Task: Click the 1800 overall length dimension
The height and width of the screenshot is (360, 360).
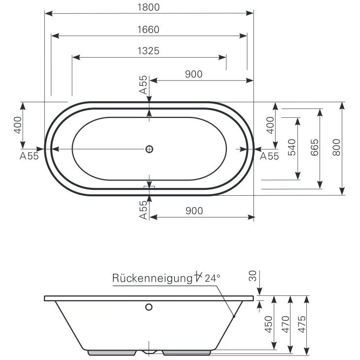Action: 148,7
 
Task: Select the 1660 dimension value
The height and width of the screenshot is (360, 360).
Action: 148,30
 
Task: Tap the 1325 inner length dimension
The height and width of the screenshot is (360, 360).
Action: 148,51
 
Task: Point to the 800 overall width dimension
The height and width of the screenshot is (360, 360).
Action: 336,147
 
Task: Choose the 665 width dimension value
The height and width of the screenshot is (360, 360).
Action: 315,147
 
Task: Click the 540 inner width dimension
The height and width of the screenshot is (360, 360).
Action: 292,147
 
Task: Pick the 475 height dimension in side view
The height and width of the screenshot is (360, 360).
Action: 302,324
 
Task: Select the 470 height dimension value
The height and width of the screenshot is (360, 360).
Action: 286,324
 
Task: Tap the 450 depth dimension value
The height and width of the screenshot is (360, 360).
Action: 269,324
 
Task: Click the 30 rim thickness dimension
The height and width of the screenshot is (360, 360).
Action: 252,276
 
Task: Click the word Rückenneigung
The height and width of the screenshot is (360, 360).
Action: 152,278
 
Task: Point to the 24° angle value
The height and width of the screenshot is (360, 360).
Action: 213,278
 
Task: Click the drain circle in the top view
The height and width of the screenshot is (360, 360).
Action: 149,149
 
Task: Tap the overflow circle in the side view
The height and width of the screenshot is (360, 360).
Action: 149,307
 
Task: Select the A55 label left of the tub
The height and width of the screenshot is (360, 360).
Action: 29,156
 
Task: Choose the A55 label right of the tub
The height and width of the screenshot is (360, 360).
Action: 269,156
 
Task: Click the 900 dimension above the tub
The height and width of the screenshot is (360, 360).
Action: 194,74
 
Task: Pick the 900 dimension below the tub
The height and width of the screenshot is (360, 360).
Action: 194,211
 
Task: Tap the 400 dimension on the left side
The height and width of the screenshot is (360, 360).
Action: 18,125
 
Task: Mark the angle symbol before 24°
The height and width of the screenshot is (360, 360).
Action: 198,276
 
